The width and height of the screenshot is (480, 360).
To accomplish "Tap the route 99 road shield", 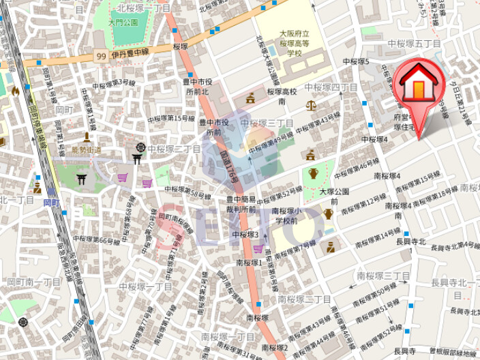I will pos(101,57).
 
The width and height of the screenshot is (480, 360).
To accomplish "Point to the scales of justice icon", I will pos(312,106).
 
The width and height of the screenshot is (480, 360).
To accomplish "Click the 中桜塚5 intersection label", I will pos(356,61).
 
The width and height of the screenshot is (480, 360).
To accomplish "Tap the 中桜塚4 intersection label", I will pos(374,139).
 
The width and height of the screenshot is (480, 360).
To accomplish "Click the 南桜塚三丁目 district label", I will pos(383,275).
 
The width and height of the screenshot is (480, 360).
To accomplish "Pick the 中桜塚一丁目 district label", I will pos(146,287).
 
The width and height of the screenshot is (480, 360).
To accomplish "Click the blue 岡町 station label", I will pos(51,202).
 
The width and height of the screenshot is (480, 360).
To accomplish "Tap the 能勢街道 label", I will pos(86,150).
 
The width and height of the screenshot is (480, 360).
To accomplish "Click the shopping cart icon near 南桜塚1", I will pos(258,249).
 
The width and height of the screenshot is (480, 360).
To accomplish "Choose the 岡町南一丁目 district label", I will pos(34,282).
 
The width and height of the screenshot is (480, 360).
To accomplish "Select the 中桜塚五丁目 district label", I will pos(415,44).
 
